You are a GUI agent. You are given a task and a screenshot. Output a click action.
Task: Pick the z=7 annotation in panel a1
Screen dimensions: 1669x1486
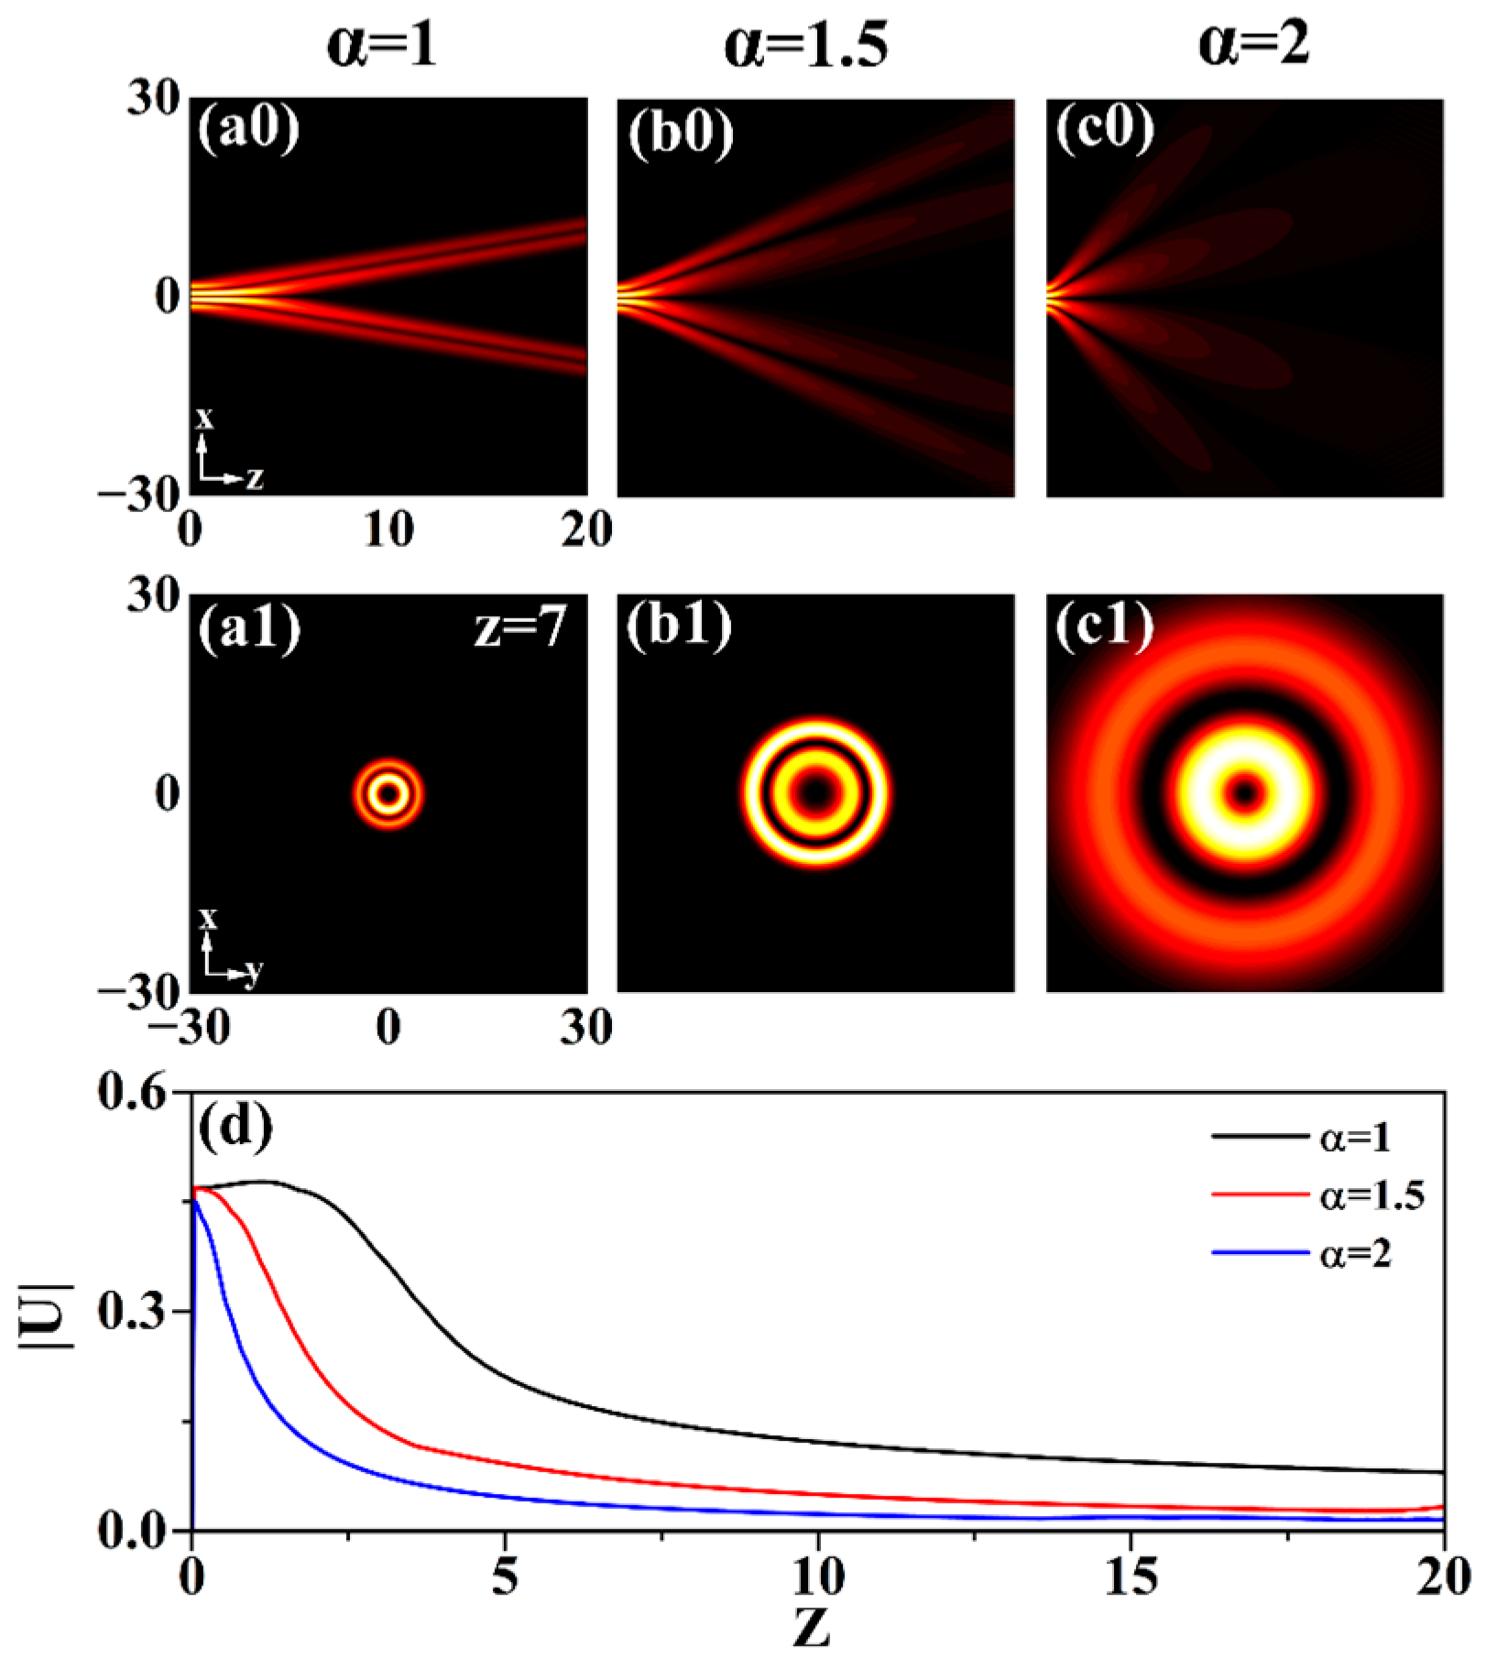coord(519,627)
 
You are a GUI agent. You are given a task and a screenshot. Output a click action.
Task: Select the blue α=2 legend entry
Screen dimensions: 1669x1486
coord(1301,1252)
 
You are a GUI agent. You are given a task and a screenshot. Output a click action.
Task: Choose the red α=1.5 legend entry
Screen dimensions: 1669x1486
coord(1317,1195)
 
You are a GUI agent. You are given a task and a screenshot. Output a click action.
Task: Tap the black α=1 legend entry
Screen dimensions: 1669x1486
coord(1301,1137)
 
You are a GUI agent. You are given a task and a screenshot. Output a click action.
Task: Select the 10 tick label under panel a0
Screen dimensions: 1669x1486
coord(388,529)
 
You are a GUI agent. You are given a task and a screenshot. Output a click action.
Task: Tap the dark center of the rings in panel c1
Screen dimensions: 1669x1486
coord(1244,792)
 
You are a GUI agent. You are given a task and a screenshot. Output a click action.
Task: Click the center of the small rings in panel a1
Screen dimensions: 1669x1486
coord(388,793)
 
